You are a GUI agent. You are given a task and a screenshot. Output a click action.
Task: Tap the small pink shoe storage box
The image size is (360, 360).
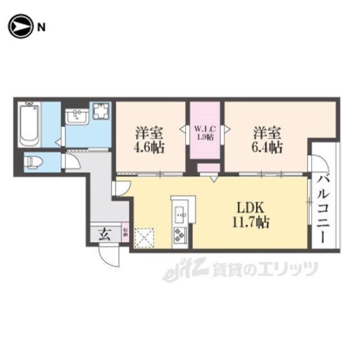pyautogui.click(x=125, y=233)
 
